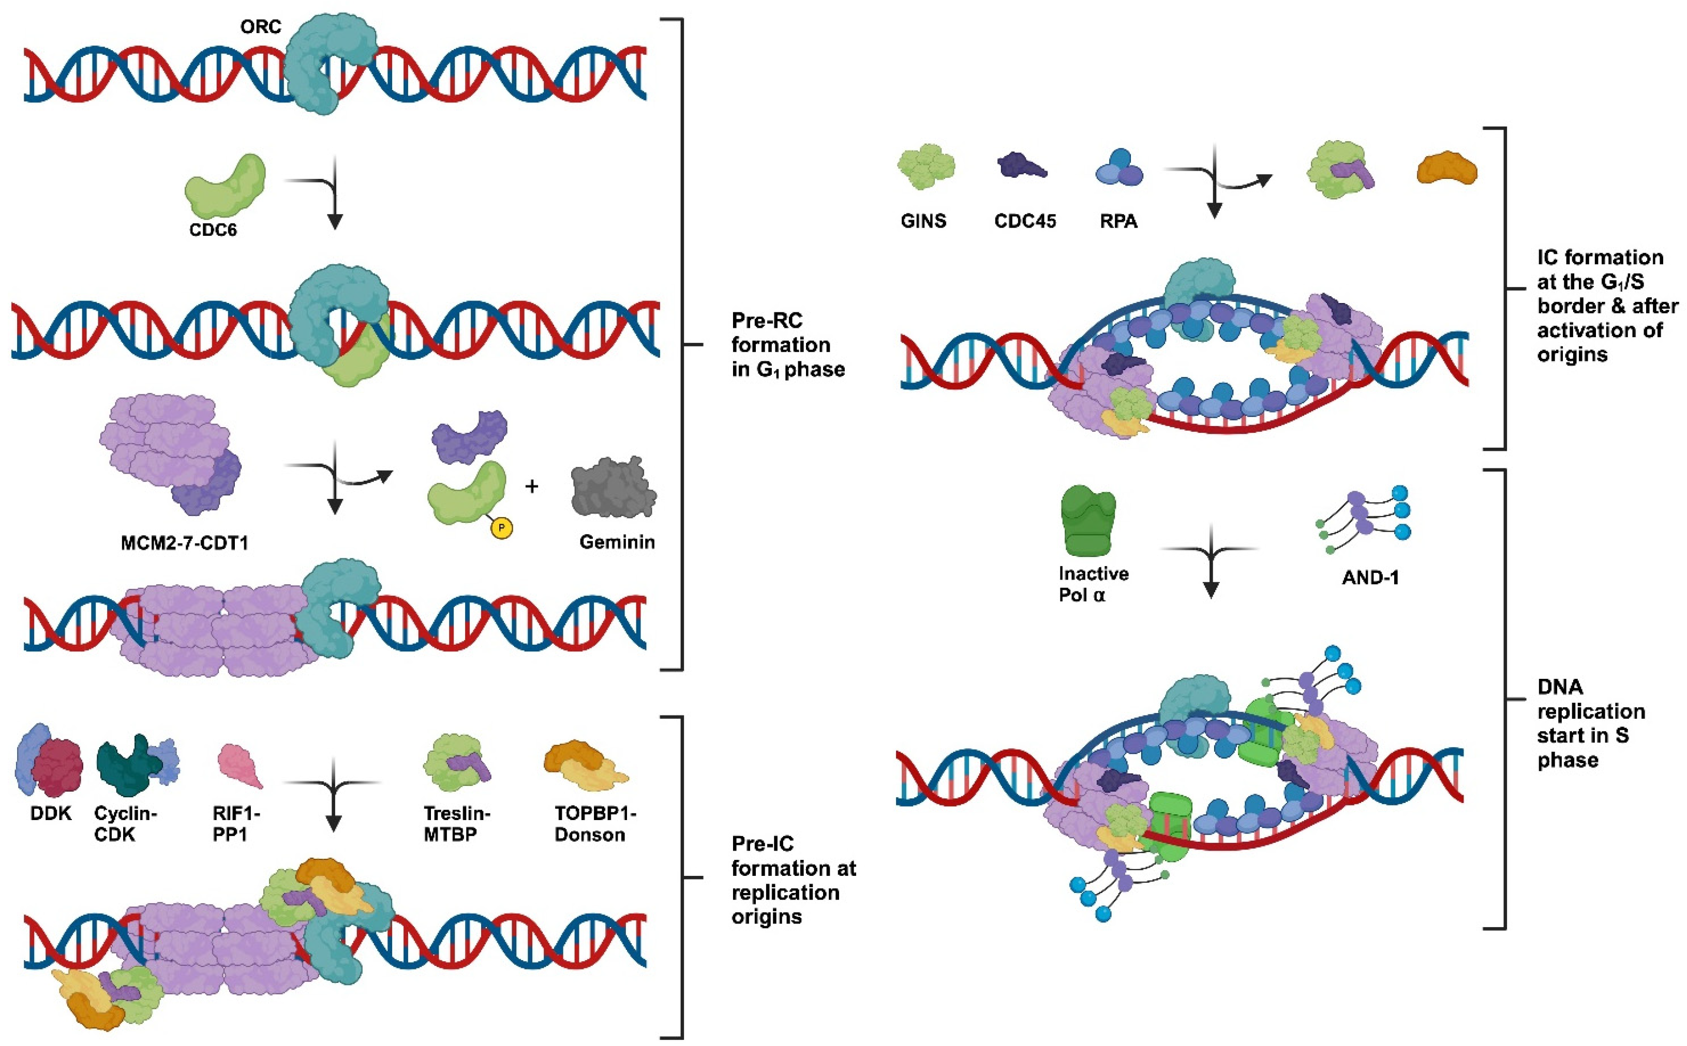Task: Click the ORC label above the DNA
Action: (260, 27)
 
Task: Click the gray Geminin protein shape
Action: (613, 488)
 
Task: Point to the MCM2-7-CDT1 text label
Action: (184, 543)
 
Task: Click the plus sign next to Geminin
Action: (531, 487)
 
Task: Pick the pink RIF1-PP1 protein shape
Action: (240, 766)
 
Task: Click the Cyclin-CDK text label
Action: (125, 823)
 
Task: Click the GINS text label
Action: (923, 221)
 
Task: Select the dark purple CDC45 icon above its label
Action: (1021, 166)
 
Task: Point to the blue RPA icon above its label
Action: (1119, 168)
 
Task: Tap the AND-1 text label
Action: (1370, 578)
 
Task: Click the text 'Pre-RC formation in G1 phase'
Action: (787, 344)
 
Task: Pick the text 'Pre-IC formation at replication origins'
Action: (793, 880)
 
